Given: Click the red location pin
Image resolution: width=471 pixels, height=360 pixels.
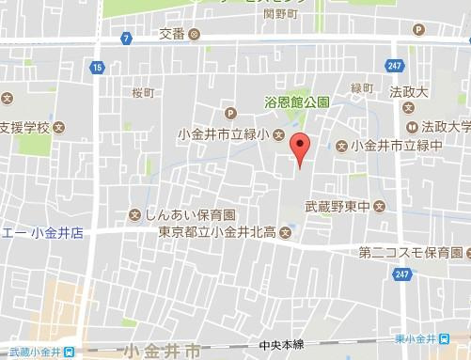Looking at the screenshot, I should (x=299, y=149).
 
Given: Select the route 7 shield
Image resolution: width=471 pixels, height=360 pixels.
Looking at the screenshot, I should (x=126, y=38).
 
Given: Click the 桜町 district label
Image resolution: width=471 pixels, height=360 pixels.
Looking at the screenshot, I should (x=143, y=93).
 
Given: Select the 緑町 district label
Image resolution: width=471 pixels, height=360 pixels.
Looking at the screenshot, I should (x=362, y=88).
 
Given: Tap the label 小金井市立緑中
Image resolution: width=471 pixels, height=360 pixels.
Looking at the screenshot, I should (x=396, y=146).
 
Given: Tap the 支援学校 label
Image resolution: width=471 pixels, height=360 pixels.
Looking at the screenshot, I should (x=25, y=127).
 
